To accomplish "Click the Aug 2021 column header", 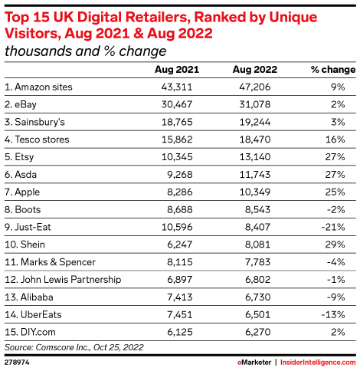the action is pyautogui.click(x=177, y=70).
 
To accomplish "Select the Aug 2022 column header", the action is pyautogui.click(x=255, y=70).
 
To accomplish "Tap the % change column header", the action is pyautogui.click(x=333, y=70).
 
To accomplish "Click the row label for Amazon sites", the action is pyautogui.click(x=38, y=87).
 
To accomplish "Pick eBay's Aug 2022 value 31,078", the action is pyautogui.click(x=255, y=104).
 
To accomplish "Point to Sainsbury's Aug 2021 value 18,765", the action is pyautogui.click(x=177, y=122).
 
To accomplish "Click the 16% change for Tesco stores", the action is pyautogui.click(x=335, y=140).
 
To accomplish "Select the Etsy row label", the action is pyautogui.click(x=19, y=157).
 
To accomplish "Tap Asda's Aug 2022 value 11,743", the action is pyautogui.click(x=255, y=175).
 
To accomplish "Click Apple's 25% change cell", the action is pyautogui.click(x=335, y=192).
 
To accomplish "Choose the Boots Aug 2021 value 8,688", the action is pyautogui.click(x=180, y=209).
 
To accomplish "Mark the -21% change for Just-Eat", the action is pyautogui.click(x=333, y=227).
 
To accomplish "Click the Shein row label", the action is pyautogui.click(x=25, y=245).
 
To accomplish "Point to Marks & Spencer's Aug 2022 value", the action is pyautogui.click(x=257, y=262).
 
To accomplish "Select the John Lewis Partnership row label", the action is pyautogui.click(x=63, y=280).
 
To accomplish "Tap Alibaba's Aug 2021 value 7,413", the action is pyautogui.click(x=180, y=297).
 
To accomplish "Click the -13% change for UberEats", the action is pyautogui.click(x=333, y=314).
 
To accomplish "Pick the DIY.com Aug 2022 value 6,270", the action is pyautogui.click(x=257, y=332).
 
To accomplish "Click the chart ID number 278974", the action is pyautogui.click(x=17, y=363).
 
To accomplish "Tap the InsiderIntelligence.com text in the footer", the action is pyautogui.click(x=318, y=363).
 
